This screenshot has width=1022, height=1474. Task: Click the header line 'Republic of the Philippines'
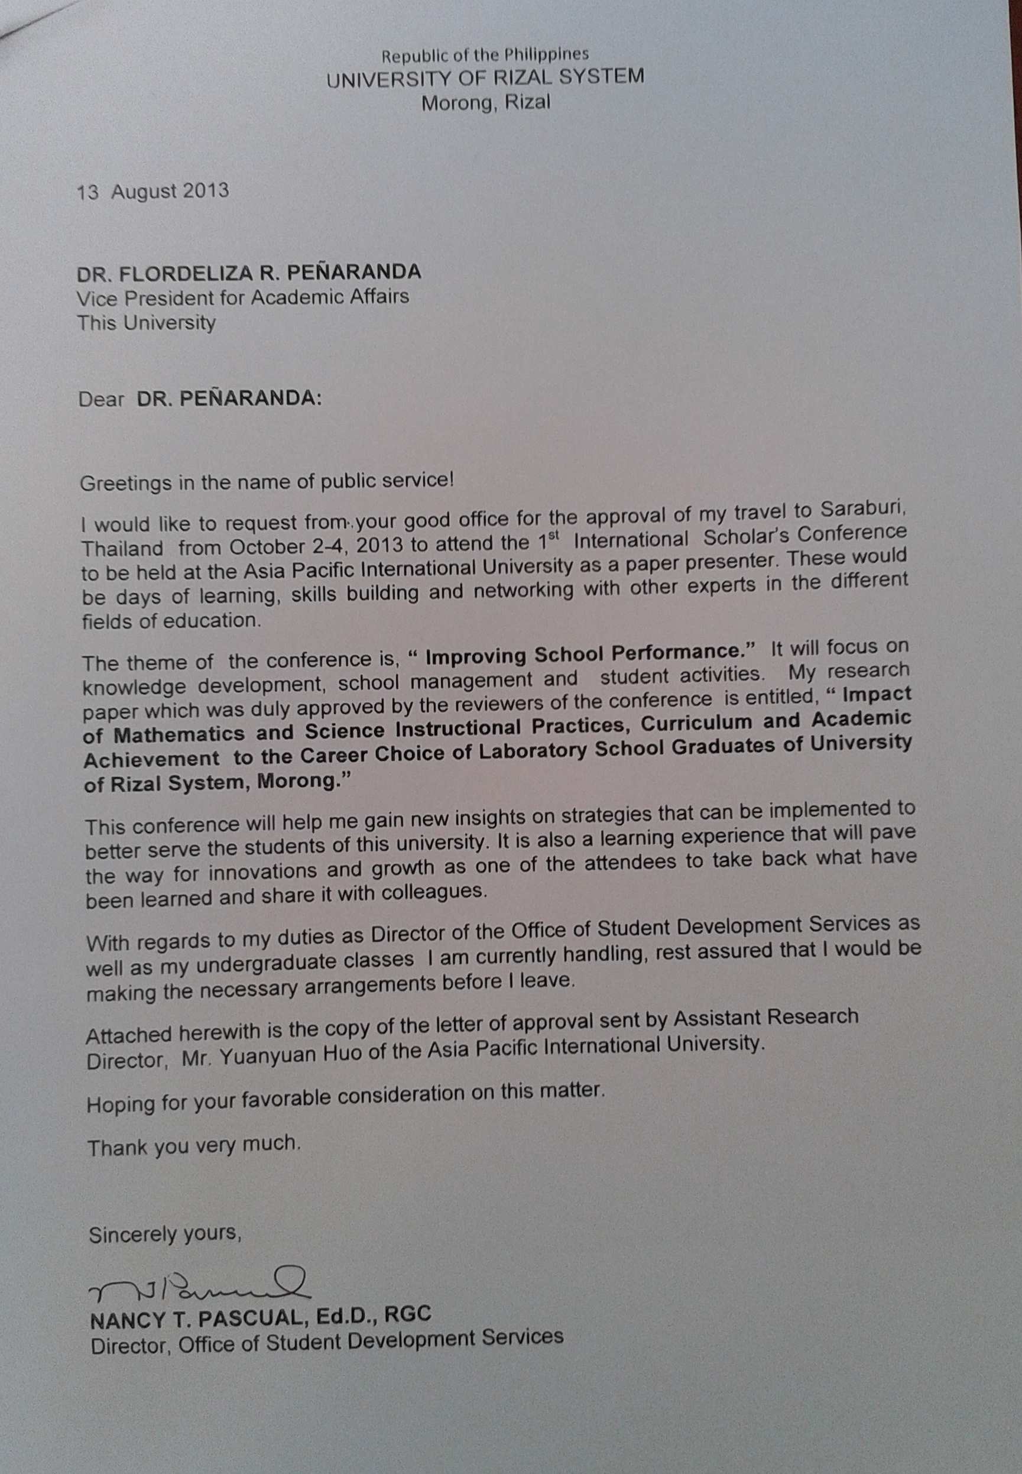(x=485, y=55)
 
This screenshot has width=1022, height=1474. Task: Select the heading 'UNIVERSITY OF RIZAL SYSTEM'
(x=485, y=78)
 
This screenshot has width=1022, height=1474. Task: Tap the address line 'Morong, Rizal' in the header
(x=485, y=102)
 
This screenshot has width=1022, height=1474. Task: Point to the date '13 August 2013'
(x=153, y=191)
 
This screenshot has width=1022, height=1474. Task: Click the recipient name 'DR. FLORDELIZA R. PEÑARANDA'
(x=248, y=273)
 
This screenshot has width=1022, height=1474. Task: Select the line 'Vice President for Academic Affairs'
(x=243, y=298)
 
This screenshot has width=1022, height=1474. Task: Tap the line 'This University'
(x=146, y=322)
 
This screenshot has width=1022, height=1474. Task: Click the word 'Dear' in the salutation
(x=101, y=399)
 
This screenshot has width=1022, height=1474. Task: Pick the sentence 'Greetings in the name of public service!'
(x=267, y=481)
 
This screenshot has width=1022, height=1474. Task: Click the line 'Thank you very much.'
(x=194, y=1144)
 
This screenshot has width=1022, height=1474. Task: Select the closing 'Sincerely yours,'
(x=166, y=1235)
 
